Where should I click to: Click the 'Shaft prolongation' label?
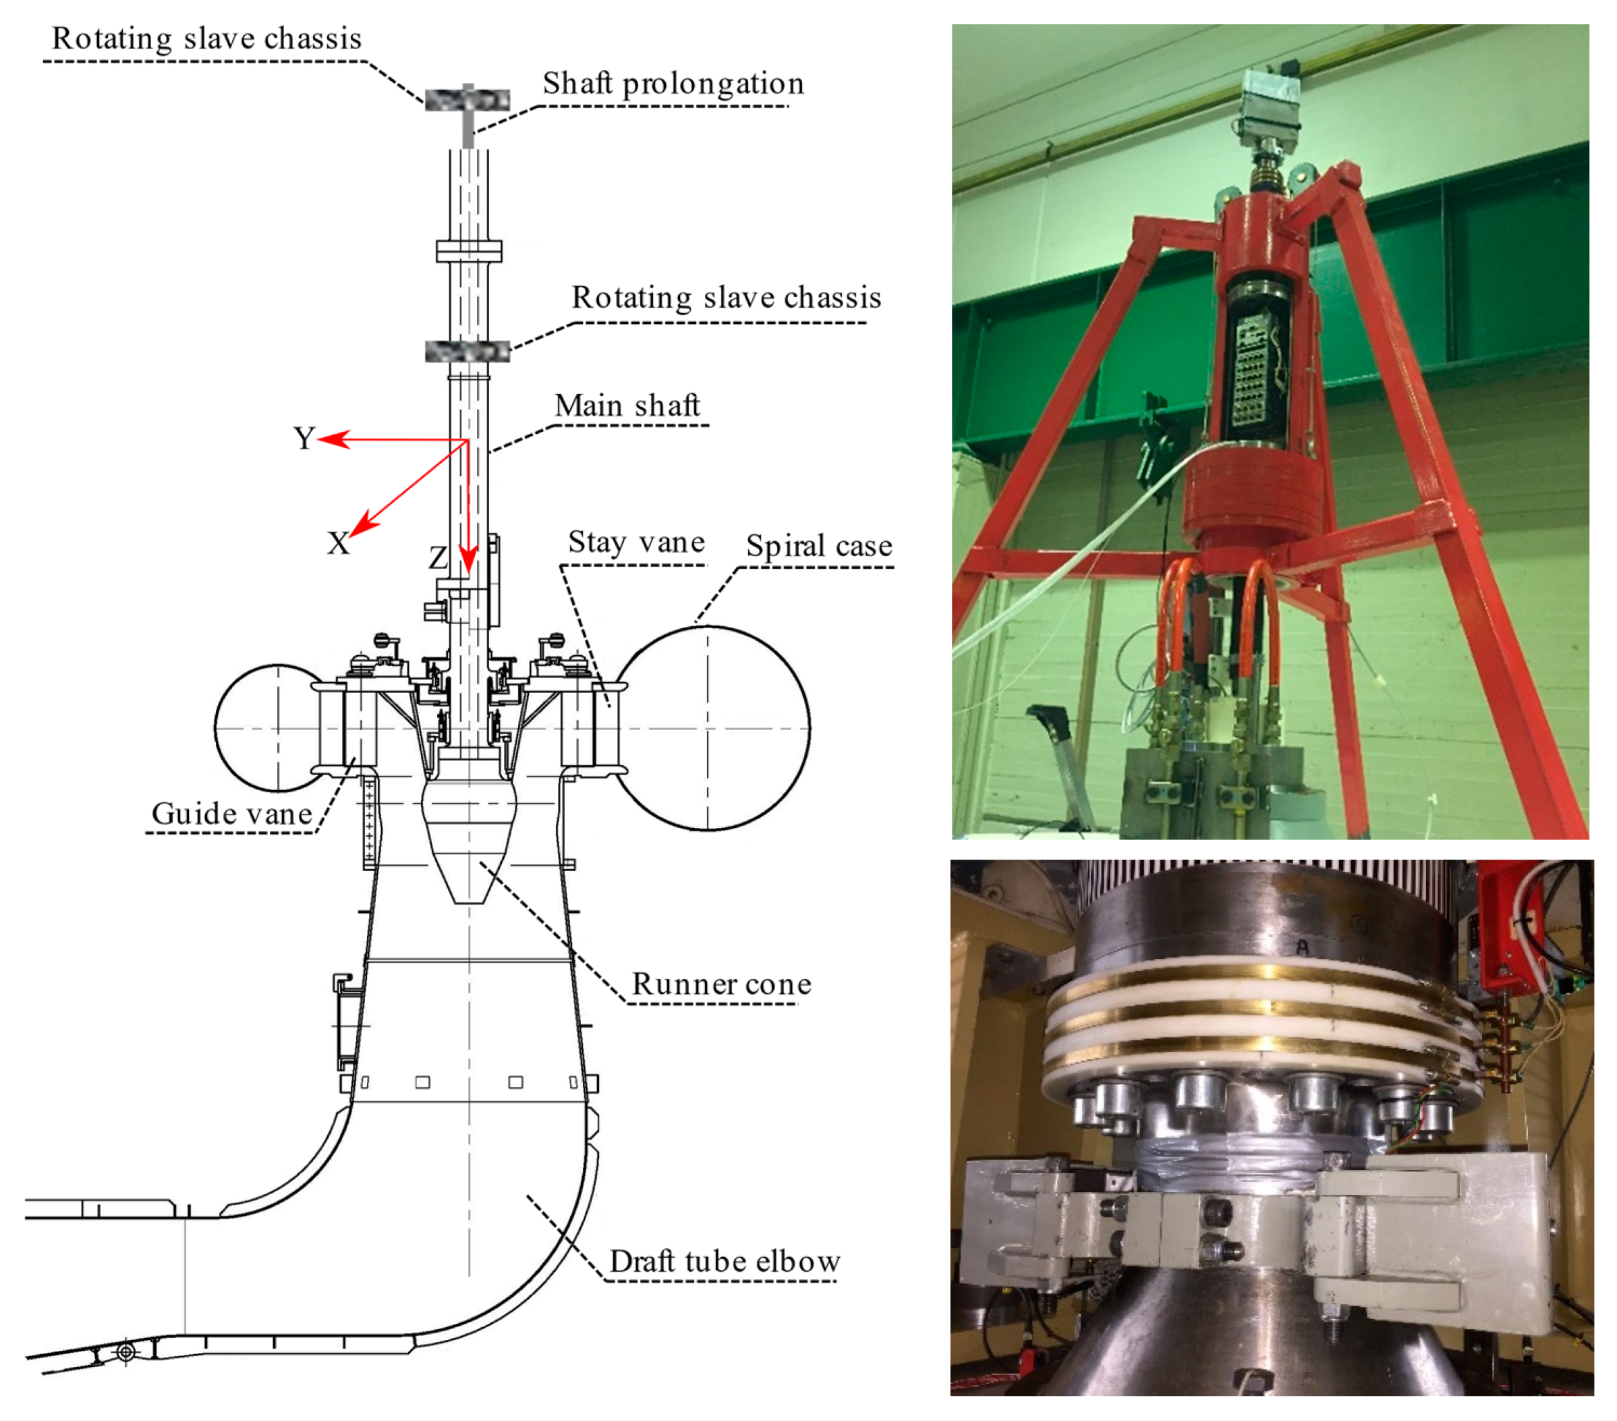tap(673, 84)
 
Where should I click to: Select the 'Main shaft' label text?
tap(627, 405)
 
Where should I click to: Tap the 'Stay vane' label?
tap(636, 542)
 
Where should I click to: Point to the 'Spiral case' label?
tap(819, 545)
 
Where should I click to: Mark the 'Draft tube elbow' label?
tap(725, 1261)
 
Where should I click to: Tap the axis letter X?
tap(339, 542)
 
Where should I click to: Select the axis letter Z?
tap(438, 558)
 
